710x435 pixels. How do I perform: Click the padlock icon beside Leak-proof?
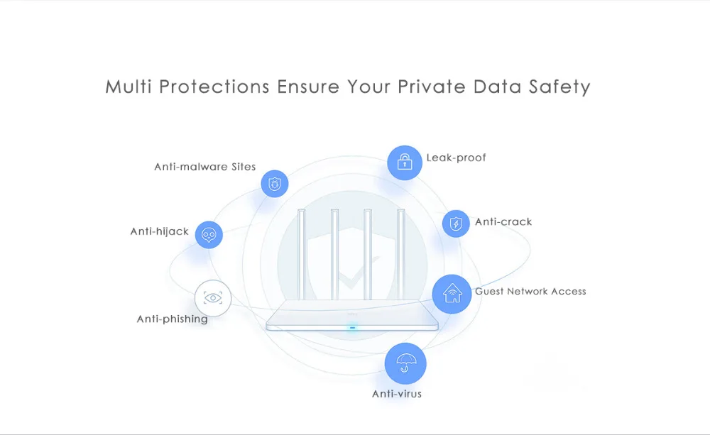[405, 163]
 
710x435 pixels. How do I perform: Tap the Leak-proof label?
[456, 158]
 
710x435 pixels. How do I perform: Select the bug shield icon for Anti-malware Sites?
[275, 183]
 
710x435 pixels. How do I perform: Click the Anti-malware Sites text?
[204, 167]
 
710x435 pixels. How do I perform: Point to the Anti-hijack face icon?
[209, 235]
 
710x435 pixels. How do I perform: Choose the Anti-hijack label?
[159, 231]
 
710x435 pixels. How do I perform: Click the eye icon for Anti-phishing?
[212, 297]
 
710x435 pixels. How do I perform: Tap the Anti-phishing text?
[172, 319]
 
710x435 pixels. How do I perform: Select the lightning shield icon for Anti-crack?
[456, 224]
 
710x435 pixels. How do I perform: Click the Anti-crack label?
[503, 221]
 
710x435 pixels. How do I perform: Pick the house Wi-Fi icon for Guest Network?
[452, 293]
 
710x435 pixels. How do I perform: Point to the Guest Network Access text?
[530, 291]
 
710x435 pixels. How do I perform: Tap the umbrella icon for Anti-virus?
[405, 363]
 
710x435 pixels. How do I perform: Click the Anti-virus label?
[397, 393]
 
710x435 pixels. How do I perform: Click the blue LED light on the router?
[352, 328]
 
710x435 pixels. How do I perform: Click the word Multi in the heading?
[129, 87]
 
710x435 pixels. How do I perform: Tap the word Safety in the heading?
[559, 87]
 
